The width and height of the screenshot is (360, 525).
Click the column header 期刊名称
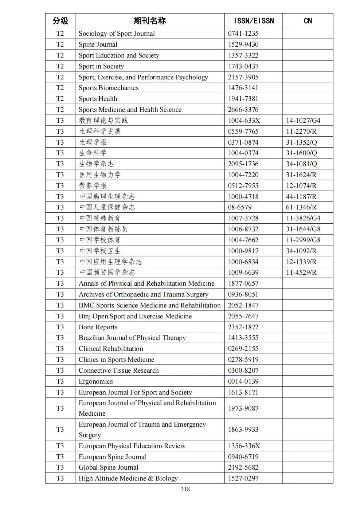tap(149, 21)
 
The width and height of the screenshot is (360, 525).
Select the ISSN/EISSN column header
tap(253, 21)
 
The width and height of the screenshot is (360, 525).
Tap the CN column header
tap(308, 21)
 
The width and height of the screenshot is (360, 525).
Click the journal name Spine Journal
tap(98, 44)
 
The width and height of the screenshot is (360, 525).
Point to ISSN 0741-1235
tap(243, 34)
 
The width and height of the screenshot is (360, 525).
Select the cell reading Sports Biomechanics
tap(109, 88)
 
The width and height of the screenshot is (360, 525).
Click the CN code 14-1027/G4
tap(303, 121)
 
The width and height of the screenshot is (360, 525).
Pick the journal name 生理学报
tap(93, 142)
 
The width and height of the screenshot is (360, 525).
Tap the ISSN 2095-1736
tap(243, 164)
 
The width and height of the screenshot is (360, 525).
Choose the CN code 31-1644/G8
tap(303, 229)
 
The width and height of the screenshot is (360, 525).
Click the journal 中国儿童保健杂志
tap(107, 207)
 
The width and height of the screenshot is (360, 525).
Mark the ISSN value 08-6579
tap(240, 207)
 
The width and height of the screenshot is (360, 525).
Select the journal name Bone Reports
tap(98, 327)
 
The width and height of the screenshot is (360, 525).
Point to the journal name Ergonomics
tap(96, 381)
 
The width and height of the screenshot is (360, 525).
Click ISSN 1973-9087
tap(243, 408)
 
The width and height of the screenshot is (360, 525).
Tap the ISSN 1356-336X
tap(244, 446)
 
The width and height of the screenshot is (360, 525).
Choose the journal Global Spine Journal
tap(109, 467)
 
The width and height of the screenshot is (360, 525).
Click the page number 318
tap(185, 489)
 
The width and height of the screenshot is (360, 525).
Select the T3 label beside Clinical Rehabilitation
tap(60, 349)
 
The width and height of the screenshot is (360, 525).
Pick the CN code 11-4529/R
tap(301, 273)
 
